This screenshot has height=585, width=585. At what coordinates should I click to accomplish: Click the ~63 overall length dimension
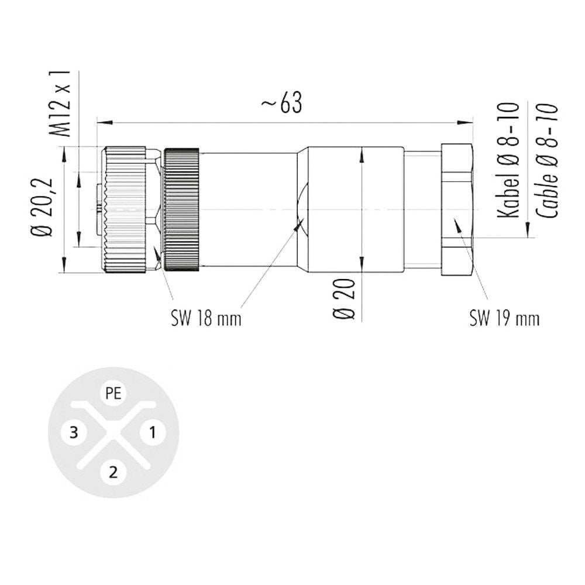[x=282, y=102]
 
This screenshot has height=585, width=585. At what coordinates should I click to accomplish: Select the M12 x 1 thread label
[x=60, y=104]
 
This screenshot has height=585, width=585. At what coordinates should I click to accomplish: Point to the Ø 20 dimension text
[x=343, y=299]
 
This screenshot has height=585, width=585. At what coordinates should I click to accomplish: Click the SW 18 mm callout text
[x=206, y=319]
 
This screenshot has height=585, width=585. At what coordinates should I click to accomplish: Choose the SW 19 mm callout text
[x=504, y=319]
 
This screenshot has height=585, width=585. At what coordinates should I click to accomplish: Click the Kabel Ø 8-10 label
[x=509, y=160]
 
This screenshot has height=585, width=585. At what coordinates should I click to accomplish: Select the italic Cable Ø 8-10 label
[x=547, y=160]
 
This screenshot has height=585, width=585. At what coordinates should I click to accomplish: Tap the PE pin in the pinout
[x=113, y=393]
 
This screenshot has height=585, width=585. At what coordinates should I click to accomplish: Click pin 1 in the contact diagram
[x=153, y=433]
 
